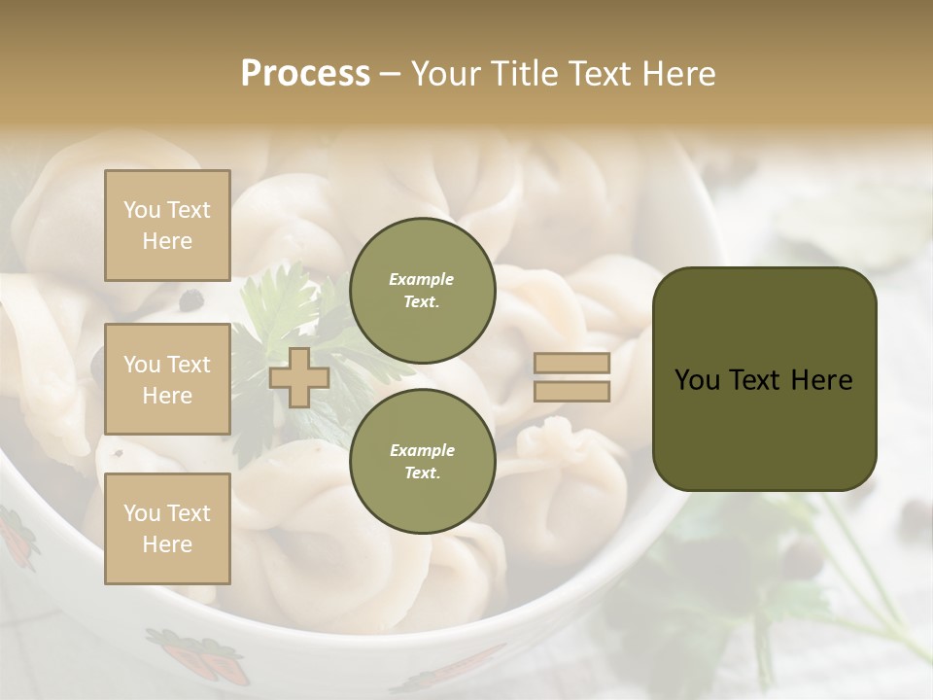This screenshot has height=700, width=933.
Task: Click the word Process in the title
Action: (305, 74)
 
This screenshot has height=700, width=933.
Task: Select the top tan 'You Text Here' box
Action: (167, 226)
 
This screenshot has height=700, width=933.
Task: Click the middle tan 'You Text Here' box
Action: (167, 379)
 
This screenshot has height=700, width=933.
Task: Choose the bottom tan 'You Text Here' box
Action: (167, 528)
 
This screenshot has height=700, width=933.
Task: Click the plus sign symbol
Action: (299, 377)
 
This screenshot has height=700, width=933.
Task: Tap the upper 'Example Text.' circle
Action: (422, 290)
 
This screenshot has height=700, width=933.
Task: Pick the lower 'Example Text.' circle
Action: (422, 462)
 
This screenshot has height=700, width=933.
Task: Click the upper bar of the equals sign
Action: (572, 363)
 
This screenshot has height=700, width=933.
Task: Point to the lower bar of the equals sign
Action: (572, 391)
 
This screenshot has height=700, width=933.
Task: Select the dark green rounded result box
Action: (764, 378)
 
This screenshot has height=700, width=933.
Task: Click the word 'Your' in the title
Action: (445, 74)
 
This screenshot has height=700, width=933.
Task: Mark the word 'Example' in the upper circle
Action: (422, 279)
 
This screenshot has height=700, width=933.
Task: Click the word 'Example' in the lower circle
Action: (422, 450)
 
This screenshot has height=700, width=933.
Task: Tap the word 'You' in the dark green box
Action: (697, 379)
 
